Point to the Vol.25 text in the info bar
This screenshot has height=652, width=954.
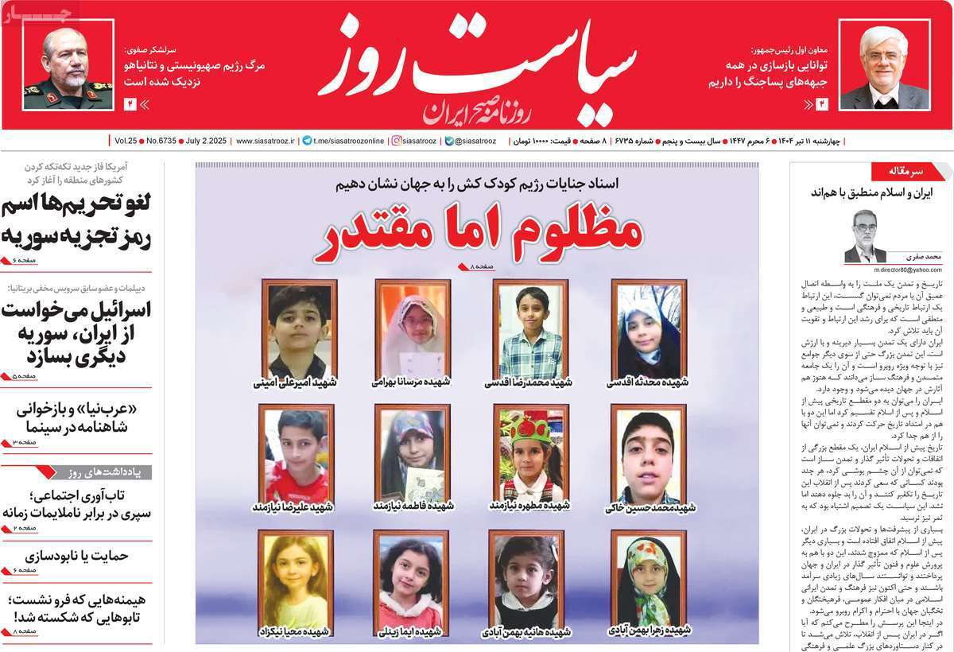pyautogui.click(x=125, y=141)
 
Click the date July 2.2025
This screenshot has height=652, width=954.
pyautogui.click(x=205, y=141)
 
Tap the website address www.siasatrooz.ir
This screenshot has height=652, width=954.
pyautogui.click(x=265, y=141)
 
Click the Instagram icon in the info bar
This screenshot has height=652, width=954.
pyautogui.click(x=396, y=141)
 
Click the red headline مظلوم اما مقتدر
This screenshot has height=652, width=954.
pyautogui.click(x=479, y=231)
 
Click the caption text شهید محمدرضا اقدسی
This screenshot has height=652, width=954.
pyautogui.click(x=529, y=382)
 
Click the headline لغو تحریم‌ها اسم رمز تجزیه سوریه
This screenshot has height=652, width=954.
pyautogui.click(x=77, y=222)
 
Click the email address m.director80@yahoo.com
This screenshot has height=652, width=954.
pyautogui.click(x=896, y=270)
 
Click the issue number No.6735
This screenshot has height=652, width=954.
pyautogui.click(x=163, y=141)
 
